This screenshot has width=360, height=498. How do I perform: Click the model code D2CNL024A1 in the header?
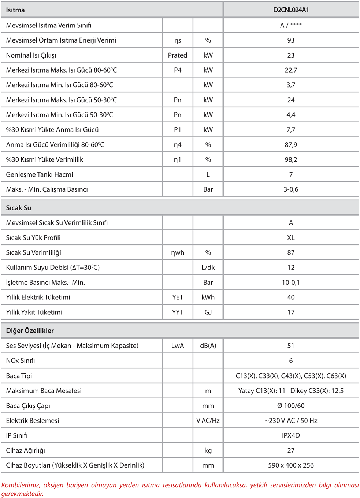pyautogui.click(x=291, y=10)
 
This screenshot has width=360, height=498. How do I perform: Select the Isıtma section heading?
pyautogui.click(x=15, y=10)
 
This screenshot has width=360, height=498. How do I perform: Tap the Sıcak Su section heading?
pyautogui.click(x=19, y=208)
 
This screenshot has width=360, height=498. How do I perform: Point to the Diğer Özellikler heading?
pyautogui.click(x=30, y=331)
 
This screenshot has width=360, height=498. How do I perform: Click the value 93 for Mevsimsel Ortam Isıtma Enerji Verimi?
pyautogui.click(x=291, y=40)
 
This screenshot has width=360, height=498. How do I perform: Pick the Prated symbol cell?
pyautogui.click(x=178, y=55)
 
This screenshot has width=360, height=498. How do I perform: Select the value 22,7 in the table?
pyautogui.click(x=291, y=70)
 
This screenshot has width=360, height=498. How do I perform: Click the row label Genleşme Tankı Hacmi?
pyautogui.click(x=40, y=174)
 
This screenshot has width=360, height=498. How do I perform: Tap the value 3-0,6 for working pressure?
pyautogui.click(x=291, y=189)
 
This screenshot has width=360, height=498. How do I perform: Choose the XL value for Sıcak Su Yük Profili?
pyautogui.click(x=291, y=238)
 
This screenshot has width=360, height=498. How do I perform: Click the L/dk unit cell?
pyautogui.click(x=208, y=268)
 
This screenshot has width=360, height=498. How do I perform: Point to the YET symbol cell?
pyautogui.click(x=178, y=297)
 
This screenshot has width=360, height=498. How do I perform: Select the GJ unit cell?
pyautogui.click(x=208, y=312)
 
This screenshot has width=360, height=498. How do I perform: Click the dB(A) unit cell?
pyautogui.click(x=208, y=346)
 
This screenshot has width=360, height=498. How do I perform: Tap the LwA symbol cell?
pyautogui.click(x=178, y=346)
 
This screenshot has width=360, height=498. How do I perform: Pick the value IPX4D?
pyautogui.click(x=291, y=435)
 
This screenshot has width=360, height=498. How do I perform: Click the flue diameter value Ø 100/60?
pyautogui.click(x=291, y=406)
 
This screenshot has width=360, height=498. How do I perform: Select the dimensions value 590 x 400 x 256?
pyautogui.click(x=291, y=465)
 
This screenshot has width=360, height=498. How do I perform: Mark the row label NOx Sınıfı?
pyautogui.click(x=21, y=361)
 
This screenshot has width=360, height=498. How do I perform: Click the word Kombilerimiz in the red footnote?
pyautogui.click(x=21, y=485)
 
